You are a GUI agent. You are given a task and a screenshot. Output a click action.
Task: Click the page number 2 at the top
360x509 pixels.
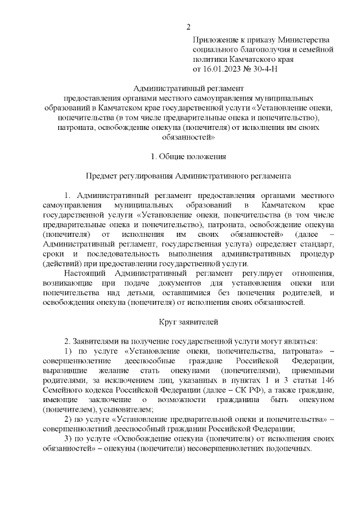(x=188, y=26)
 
